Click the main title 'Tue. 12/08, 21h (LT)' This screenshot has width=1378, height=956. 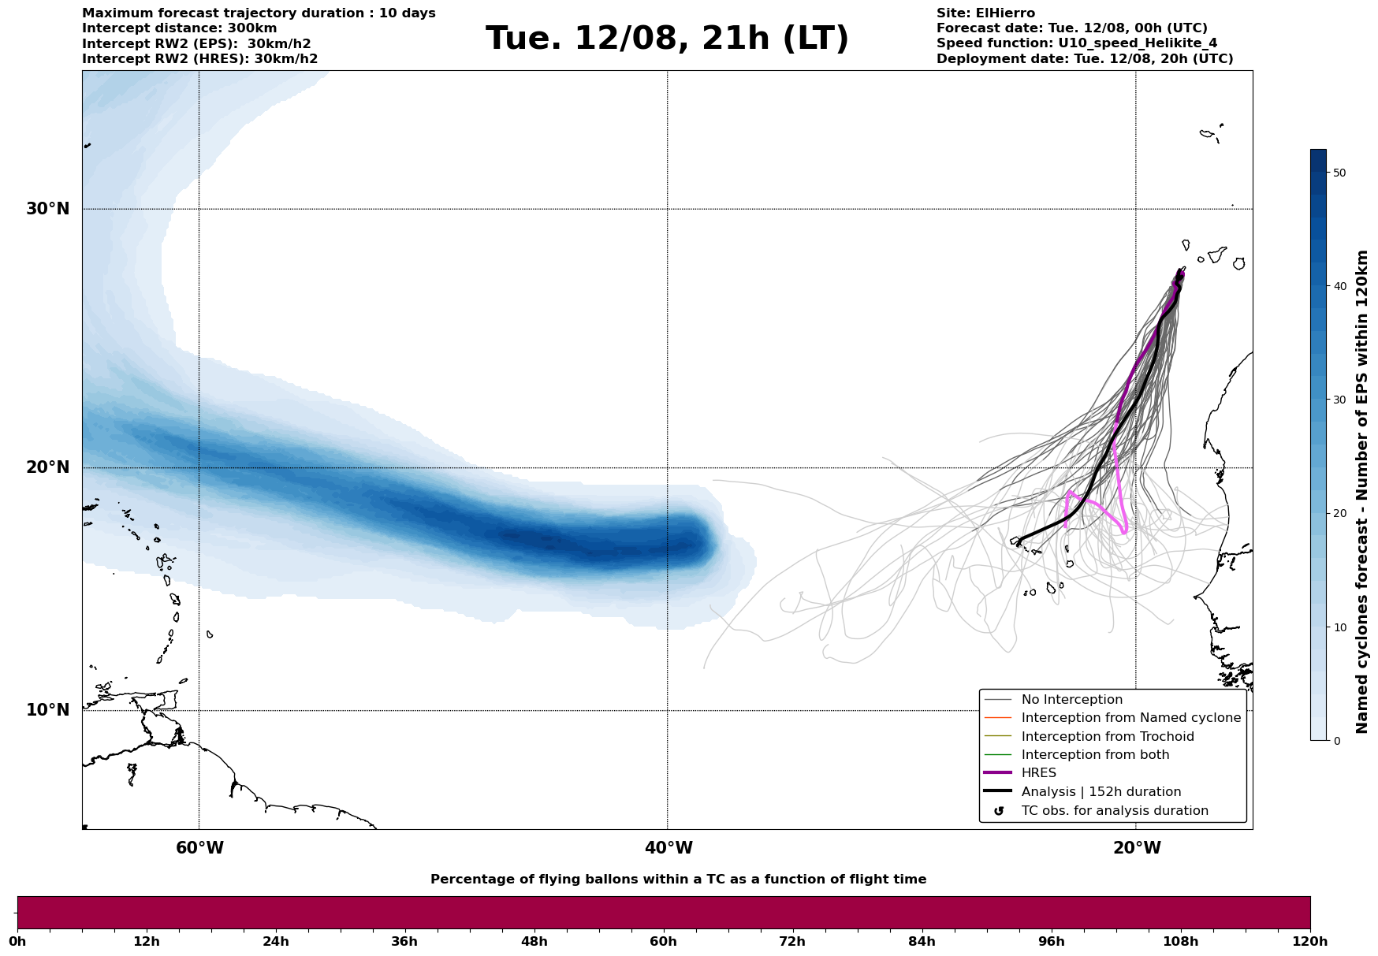click(x=667, y=39)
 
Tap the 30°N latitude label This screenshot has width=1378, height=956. click(x=47, y=209)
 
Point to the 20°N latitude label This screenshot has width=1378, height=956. click(x=47, y=467)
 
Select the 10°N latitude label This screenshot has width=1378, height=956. click(x=47, y=710)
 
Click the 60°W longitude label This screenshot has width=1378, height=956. click(x=199, y=848)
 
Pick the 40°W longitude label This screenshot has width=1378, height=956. click(x=669, y=848)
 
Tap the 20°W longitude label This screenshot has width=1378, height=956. click(x=1137, y=848)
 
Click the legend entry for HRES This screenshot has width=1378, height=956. click(x=1038, y=773)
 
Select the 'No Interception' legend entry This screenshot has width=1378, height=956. click(x=1071, y=700)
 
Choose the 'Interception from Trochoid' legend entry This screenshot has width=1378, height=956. click(x=1107, y=737)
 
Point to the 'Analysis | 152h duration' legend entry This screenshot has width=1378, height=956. click(x=1101, y=792)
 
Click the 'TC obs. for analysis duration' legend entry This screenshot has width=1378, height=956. click(x=1114, y=811)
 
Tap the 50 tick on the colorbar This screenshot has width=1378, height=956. click(x=1339, y=173)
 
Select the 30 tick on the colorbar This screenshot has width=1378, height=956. click(x=1339, y=400)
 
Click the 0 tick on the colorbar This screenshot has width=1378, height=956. click(x=1336, y=741)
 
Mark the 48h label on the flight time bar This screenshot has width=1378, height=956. click(x=534, y=942)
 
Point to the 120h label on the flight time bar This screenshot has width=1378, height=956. click(x=1310, y=942)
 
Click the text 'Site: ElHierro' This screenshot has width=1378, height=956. click(x=985, y=13)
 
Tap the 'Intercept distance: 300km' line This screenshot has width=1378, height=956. click(x=179, y=28)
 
